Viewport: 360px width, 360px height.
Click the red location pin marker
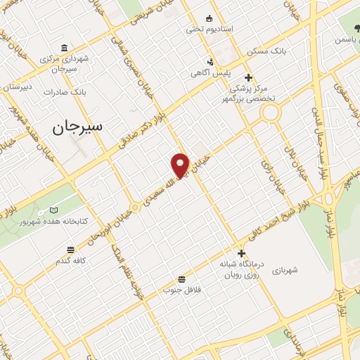pos(180,165)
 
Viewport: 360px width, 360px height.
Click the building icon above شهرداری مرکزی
pos(64,48)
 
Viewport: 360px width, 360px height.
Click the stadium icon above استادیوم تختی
pos(209,18)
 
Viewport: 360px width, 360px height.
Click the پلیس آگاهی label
pos(210,73)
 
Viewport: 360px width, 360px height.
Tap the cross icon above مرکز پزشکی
pos(247,77)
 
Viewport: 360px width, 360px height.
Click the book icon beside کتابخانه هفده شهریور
pos(55,210)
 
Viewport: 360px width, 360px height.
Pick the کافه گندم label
pos(70,262)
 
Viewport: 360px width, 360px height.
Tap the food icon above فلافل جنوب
pos(182,279)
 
